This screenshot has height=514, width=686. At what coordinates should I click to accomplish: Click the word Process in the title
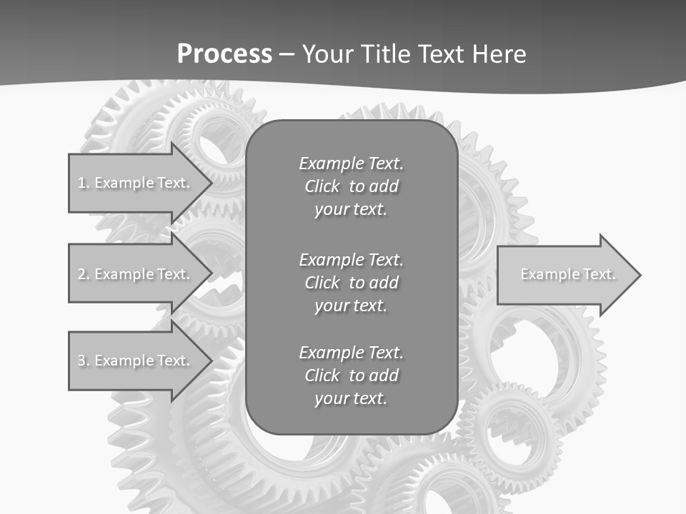(x=224, y=54)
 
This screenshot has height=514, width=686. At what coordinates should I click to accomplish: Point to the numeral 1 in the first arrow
(x=81, y=183)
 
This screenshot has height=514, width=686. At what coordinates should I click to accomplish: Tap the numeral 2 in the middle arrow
(x=81, y=274)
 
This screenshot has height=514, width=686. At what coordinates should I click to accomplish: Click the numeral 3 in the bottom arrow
(x=81, y=361)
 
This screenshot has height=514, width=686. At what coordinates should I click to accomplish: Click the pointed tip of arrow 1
(x=210, y=183)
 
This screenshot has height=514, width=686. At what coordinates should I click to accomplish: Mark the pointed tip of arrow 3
(x=210, y=361)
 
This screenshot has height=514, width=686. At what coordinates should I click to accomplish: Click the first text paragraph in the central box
(x=351, y=186)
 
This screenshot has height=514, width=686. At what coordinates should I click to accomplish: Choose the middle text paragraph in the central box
(x=351, y=282)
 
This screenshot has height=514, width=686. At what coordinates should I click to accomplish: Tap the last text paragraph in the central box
(x=351, y=376)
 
